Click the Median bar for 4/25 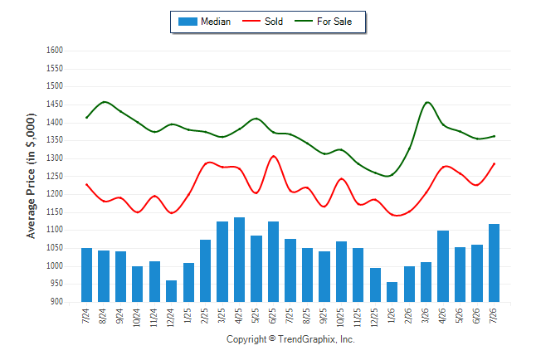[x=239, y=260]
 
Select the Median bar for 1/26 [x=392, y=292]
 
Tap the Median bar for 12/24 [x=171, y=291]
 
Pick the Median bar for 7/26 [x=494, y=263]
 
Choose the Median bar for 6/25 [x=273, y=261]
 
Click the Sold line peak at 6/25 [x=274, y=156]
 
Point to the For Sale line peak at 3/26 [x=427, y=102]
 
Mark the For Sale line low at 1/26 [x=387, y=176]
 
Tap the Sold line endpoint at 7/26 [x=494, y=163]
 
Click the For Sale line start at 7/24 [x=86, y=118]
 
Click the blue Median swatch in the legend [x=188, y=22]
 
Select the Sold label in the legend [x=274, y=22]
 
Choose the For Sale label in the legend [x=334, y=22]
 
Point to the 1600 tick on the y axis [x=55, y=51]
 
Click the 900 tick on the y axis [x=56, y=302]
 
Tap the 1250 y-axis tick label [x=55, y=176]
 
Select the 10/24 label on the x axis [x=137, y=318]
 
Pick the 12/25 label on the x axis [x=374, y=318]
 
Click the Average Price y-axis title [x=31, y=176]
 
